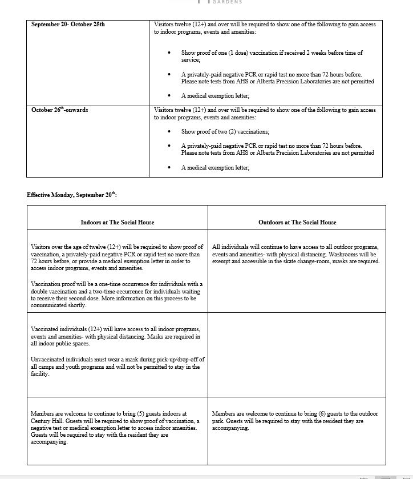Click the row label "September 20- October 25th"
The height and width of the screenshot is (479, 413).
(68, 25)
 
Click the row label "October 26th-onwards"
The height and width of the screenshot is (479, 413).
(59, 110)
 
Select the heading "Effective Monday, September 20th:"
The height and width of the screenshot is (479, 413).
(72, 195)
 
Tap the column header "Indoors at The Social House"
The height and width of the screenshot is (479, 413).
(118, 222)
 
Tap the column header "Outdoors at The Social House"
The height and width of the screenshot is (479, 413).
(297, 222)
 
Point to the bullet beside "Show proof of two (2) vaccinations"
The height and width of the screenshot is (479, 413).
(169, 131)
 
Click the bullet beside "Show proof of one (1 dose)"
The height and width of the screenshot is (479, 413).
(169, 53)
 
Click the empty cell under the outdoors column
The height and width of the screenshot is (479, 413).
(297, 354)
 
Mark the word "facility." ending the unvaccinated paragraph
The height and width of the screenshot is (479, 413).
(40, 374)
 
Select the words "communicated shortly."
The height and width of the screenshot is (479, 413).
(59, 305)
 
